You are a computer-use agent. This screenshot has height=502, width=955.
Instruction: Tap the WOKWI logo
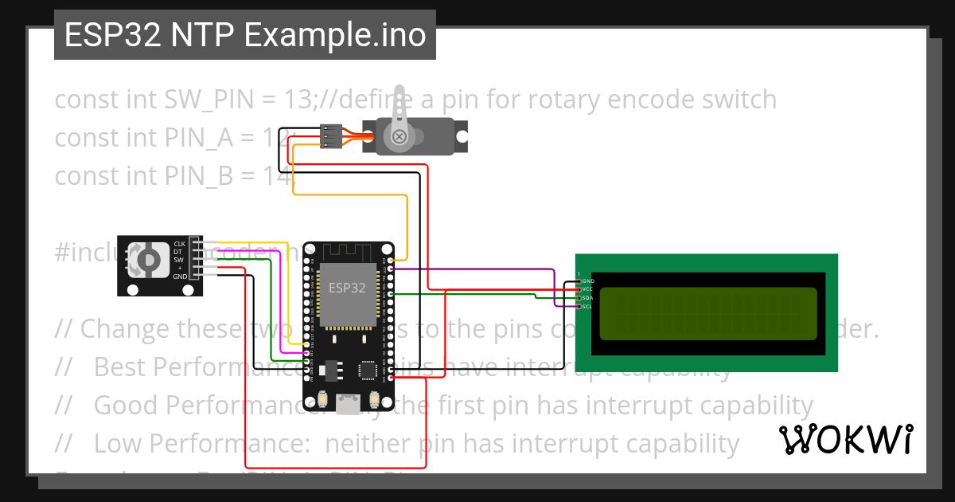coord(844,439)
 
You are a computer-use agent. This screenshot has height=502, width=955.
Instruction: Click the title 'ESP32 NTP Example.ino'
coord(244,35)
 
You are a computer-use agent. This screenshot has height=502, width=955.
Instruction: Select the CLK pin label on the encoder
coord(179,243)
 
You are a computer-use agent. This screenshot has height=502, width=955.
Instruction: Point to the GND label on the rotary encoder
coord(180,276)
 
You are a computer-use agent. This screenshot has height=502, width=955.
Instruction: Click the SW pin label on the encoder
coord(178,260)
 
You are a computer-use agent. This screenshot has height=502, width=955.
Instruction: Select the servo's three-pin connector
coord(332,136)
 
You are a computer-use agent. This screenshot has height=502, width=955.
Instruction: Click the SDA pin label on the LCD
coord(587,298)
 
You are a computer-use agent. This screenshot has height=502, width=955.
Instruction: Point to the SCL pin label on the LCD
coord(587,307)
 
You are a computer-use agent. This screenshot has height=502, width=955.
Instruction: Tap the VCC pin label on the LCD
coord(587,289)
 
